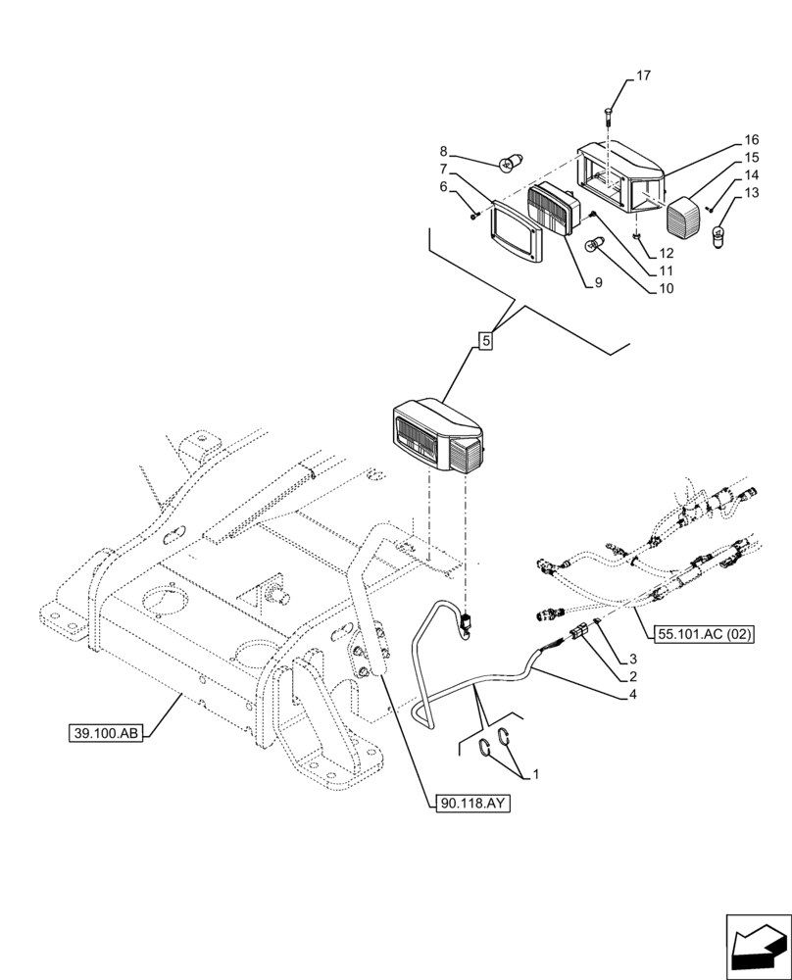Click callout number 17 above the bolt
click(643, 75)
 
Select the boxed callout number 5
click(485, 341)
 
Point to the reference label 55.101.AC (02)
click(705, 634)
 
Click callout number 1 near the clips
click(536, 774)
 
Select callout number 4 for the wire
click(635, 695)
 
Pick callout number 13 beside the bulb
click(752, 193)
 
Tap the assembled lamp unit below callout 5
click(438, 436)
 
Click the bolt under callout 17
click(610, 118)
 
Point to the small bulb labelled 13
click(718, 236)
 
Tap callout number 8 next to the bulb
click(443, 151)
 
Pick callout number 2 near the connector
click(635, 676)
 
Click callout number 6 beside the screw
click(443, 185)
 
